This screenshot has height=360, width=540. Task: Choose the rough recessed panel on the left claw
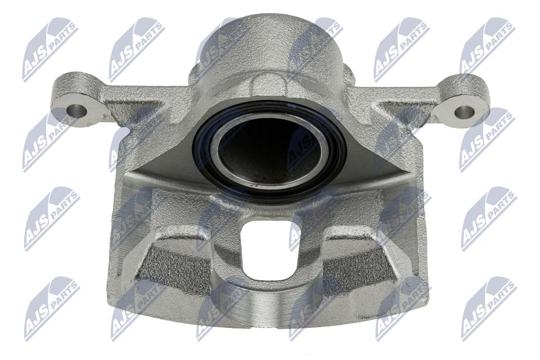169,270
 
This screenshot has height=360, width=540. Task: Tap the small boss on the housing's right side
349,76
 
